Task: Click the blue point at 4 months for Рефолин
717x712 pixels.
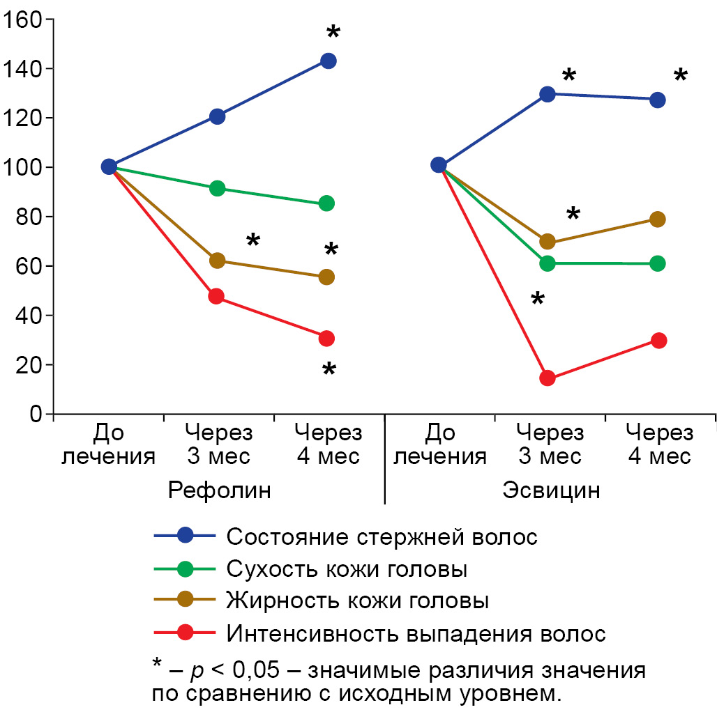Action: tap(328, 61)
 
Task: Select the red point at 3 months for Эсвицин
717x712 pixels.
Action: tap(548, 378)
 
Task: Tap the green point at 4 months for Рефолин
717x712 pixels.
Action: tap(326, 203)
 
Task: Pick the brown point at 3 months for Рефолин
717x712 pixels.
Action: tap(217, 261)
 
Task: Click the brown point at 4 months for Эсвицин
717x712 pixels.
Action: tap(657, 219)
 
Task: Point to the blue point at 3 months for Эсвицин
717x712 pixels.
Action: tap(548, 94)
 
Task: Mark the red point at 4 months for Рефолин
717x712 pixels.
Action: tap(326, 339)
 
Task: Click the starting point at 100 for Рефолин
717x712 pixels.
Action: tap(109, 167)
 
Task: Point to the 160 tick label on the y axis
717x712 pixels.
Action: tap(22, 20)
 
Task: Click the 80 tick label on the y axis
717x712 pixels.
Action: tap(28, 217)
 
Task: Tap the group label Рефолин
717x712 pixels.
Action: tap(219, 490)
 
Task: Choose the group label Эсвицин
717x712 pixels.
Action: tap(551, 490)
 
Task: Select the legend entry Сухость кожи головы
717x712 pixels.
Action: tap(346, 569)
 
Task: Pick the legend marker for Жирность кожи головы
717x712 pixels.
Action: tap(185, 601)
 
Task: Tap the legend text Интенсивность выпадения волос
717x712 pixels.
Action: tap(416, 633)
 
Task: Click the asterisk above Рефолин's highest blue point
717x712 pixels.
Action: tap(333, 33)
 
